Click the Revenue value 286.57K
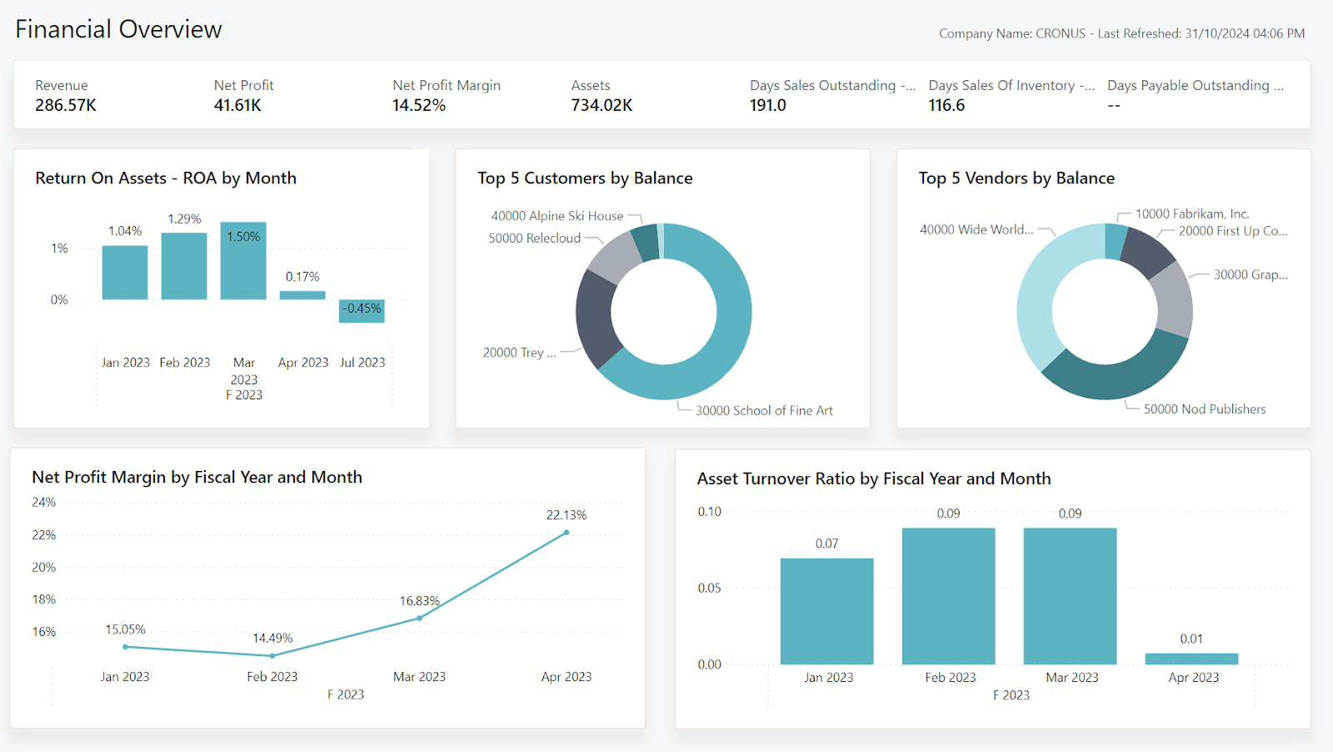click(66, 106)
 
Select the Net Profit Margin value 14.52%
click(419, 106)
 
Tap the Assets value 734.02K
click(602, 106)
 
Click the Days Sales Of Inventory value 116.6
click(946, 106)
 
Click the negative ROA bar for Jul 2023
click(362, 311)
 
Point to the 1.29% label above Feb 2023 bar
click(184, 219)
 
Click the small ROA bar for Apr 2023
click(302, 295)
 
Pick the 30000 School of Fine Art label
click(764, 411)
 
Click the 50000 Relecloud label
click(534, 238)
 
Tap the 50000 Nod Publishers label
click(1204, 409)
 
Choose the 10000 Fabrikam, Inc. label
click(1192, 214)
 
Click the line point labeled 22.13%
click(567, 533)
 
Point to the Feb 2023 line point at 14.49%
click(272, 656)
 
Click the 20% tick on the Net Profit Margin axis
click(43, 568)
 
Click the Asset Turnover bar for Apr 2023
click(1191, 659)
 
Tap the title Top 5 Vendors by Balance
click(1016, 178)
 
